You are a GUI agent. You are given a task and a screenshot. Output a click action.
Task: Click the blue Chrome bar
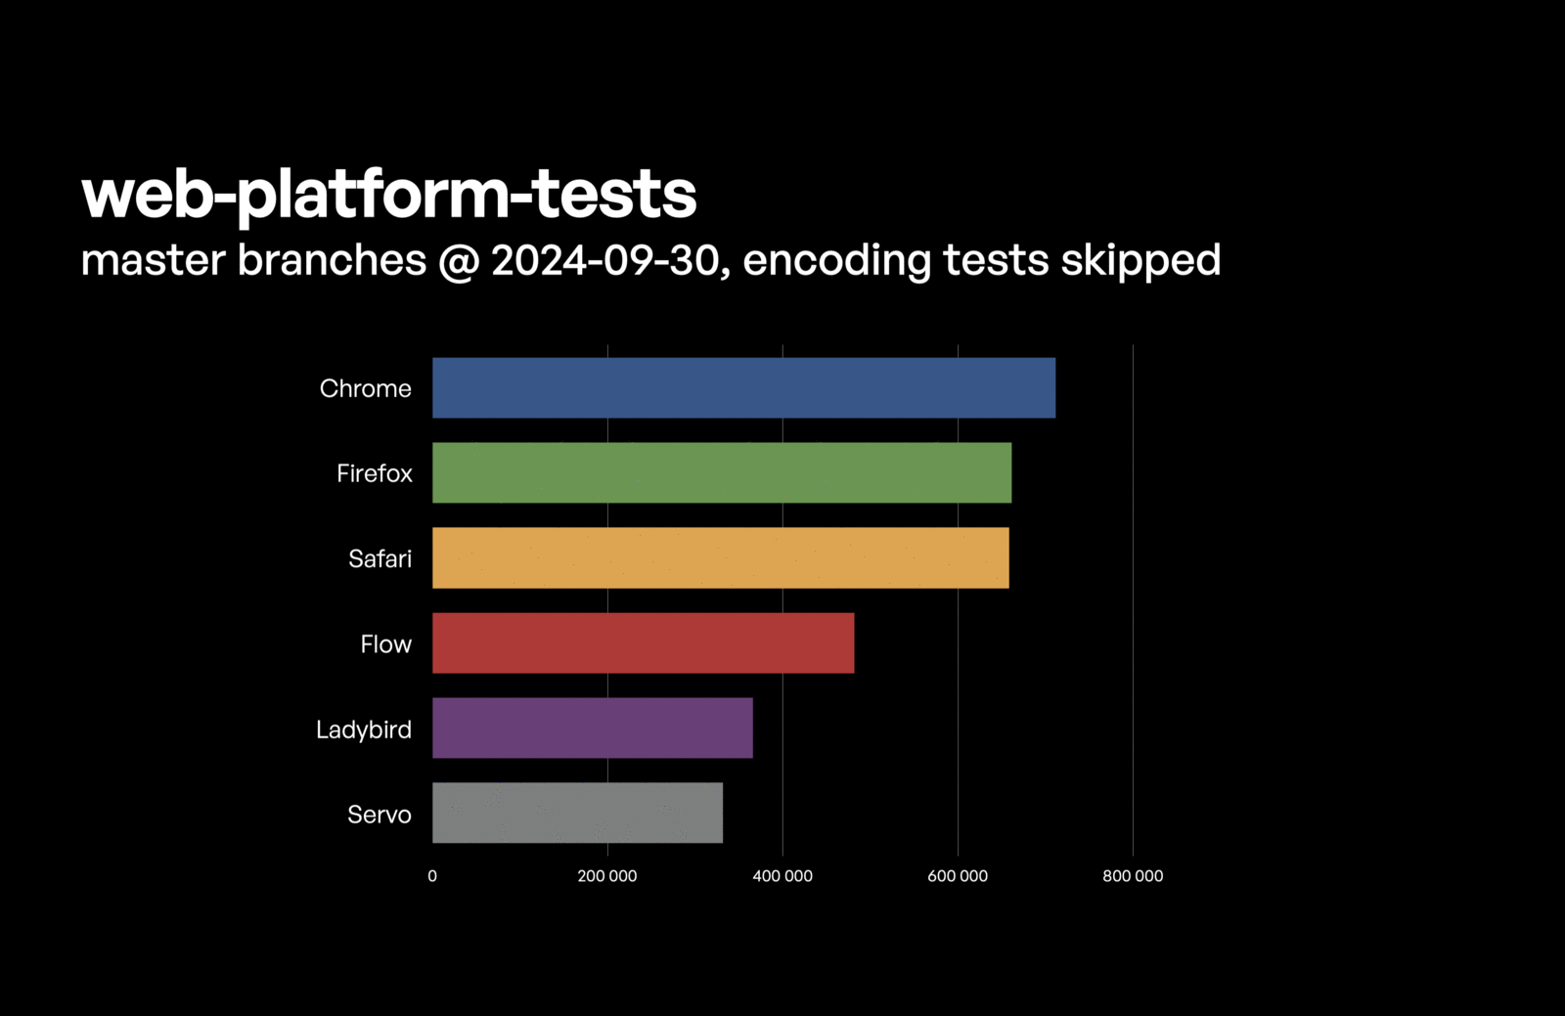(x=743, y=388)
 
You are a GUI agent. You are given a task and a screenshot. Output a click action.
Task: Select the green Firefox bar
(x=722, y=473)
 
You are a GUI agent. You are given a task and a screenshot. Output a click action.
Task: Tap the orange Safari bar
(x=720, y=558)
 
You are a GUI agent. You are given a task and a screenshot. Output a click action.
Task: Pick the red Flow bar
(x=643, y=643)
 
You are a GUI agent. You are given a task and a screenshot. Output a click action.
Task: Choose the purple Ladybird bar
(x=593, y=729)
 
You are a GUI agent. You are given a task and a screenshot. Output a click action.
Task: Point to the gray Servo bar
(x=577, y=814)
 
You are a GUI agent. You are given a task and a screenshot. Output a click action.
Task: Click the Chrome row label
(x=365, y=388)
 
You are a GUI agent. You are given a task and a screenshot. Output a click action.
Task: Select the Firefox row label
(x=374, y=473)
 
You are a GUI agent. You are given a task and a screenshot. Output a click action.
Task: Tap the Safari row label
(x=380, y=558)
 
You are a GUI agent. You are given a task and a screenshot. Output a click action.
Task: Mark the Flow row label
(x=385, y=644)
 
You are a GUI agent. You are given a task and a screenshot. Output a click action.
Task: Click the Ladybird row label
(x=363, y=729)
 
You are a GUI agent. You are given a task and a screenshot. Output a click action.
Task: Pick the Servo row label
(x=379, y=815)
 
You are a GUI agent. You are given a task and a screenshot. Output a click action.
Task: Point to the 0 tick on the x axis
(x=432, y=876)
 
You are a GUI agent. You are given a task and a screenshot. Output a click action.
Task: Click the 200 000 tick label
(x=606, y=876)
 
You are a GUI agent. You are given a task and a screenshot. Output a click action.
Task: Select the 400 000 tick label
(x=782, y=876)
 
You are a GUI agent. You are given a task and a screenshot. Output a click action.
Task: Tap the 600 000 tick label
(x=957, y=876)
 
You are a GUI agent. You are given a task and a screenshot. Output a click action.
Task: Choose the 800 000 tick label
(x=1133, y=876)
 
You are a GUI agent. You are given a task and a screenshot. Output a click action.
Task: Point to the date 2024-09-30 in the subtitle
(x=604, y=260)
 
